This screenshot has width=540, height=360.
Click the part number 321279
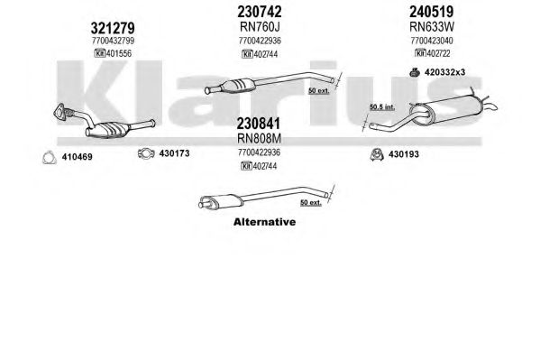click(x=113, y=28)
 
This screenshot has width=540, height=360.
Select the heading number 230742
click(x=260, y=12)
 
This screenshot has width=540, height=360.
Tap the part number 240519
click(x=431, y=12)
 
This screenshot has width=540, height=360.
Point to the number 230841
click(x=259, y=123)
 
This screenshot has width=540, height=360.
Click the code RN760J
click(x=260, y=26)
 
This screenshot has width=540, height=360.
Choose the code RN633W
click(x=432, y=26)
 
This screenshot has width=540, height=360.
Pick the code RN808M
click(x=259, y=138)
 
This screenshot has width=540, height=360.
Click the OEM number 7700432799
click(x=113, y=41)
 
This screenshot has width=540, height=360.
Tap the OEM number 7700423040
click(x=432, y=41)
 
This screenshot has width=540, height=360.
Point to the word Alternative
click(x=264, y=222)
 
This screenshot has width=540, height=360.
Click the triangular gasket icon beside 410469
click(x=49, y=157)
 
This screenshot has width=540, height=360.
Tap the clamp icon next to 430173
click(x=146, y=153)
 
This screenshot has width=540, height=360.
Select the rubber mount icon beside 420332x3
click(x=415, y=72)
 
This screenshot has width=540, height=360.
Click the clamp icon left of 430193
click(x=377, y=154)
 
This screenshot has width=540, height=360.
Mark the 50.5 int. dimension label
click(x=382, y=107)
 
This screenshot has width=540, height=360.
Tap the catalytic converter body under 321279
click(x=108, y=129)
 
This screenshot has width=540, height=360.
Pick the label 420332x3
click(x=445, y=72)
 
